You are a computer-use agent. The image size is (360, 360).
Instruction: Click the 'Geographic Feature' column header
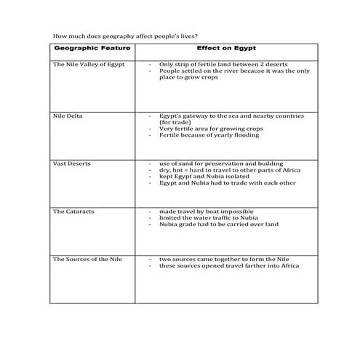93,49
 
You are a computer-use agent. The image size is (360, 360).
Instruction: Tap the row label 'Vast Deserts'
71,164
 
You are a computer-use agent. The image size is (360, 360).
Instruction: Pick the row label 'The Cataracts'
73,212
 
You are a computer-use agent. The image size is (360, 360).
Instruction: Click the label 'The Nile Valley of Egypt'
89,65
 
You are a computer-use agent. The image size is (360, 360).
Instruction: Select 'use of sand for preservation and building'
221,164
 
